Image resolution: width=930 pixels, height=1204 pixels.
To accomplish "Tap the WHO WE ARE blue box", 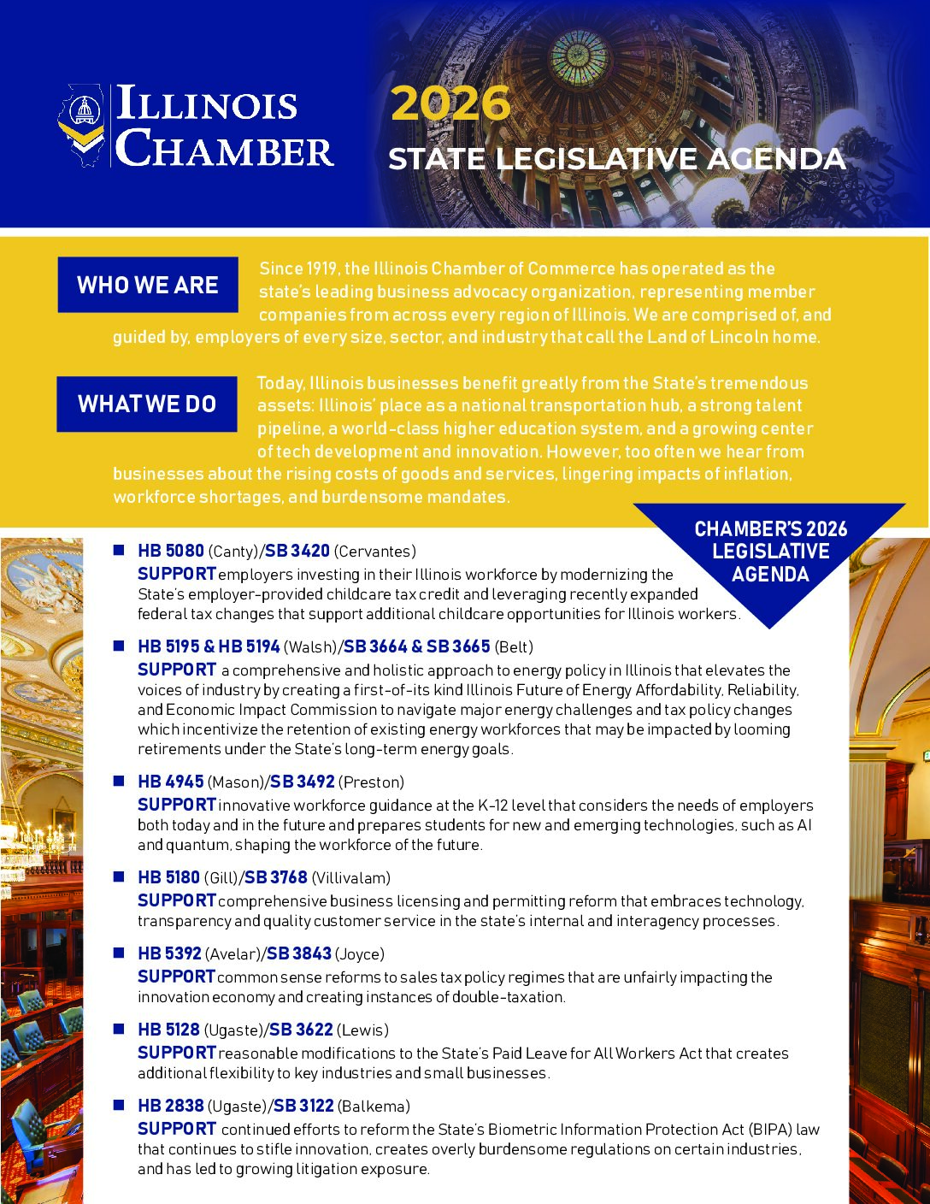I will (148, 285).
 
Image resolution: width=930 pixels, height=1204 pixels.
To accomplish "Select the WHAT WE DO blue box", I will (147, 404).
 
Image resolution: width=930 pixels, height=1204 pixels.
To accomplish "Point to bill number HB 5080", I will (171, 551).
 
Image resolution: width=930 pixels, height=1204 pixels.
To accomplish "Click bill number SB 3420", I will (297, 551).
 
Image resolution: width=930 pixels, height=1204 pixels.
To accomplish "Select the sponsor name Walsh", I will (309, 646).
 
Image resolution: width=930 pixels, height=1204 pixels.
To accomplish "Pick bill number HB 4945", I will (171, 782).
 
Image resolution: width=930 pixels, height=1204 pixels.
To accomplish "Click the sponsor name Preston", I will (371, 782).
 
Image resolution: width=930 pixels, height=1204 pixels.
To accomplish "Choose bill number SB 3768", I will (275, 877).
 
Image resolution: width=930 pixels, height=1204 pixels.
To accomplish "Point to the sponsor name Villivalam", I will (350, 877).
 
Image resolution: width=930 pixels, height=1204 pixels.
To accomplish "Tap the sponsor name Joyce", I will (360, 953).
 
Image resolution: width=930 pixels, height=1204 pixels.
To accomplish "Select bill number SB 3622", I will (301, 1030).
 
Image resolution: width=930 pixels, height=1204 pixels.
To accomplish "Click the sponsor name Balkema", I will (374, 1106).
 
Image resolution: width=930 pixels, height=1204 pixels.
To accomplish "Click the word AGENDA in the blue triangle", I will (770, 574).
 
